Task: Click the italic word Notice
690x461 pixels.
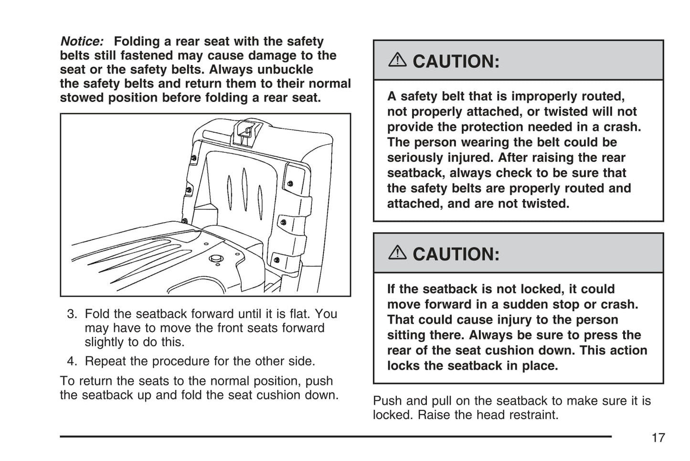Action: [x=81, y=42]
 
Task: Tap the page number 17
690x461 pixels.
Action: [x=658, y=438]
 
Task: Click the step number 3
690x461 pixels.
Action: [x=72, y=314]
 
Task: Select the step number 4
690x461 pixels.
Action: [x=72, y=361]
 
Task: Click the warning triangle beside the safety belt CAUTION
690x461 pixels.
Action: [x=397, y=60]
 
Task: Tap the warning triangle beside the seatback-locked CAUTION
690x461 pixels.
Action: [x=397, y=253]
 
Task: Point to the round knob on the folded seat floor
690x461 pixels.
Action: [x=216, y=259]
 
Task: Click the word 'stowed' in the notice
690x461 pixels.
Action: [x=82, y=98]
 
